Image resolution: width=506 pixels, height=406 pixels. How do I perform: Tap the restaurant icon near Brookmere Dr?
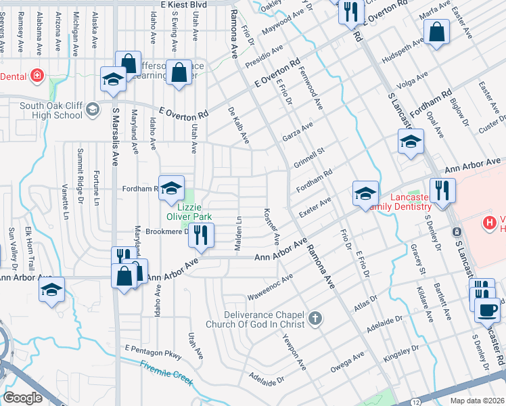[201, 235]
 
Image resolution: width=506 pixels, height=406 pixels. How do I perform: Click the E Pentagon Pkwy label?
[154, 351]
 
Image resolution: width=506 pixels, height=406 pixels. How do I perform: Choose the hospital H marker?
[488, 222]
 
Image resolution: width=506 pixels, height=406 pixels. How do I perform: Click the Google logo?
[23, 397]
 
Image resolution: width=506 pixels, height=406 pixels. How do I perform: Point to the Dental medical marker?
[36, 76]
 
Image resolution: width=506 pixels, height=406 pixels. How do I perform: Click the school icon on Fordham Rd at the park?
[172, 187]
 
